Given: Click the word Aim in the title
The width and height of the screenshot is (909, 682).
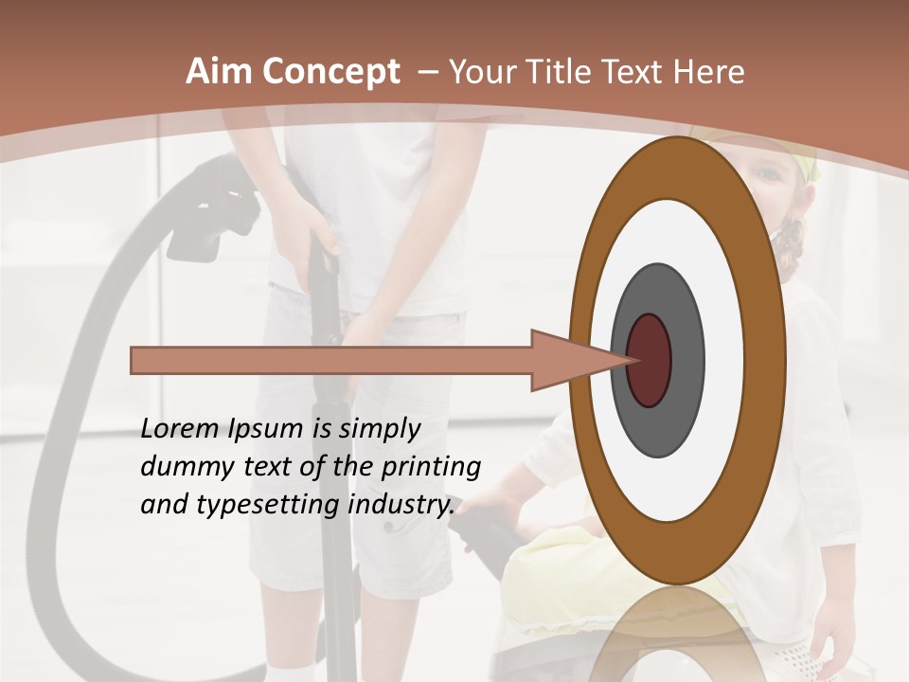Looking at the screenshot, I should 219,72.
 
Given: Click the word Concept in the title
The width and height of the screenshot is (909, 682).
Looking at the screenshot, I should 330,72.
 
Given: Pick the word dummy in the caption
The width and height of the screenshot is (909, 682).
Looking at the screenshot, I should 179,467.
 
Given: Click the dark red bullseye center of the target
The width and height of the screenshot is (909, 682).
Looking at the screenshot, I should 650,360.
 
